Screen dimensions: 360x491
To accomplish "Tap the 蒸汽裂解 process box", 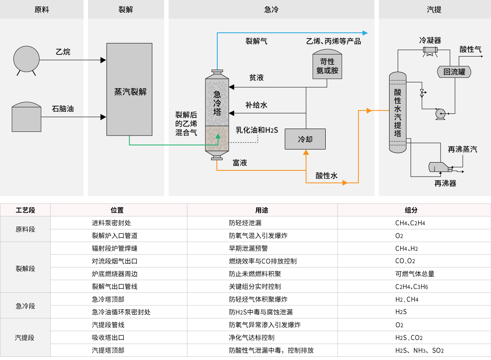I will [129, 89].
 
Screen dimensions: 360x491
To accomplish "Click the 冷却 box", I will [305, 139].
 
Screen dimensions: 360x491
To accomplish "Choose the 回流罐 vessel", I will [455, 72].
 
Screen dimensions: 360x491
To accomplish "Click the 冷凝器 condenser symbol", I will [430, 51].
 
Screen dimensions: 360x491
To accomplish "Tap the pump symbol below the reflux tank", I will [441, 113].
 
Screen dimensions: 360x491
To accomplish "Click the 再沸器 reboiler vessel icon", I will [440, 168].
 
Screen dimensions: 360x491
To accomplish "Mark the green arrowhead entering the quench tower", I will [218, 137].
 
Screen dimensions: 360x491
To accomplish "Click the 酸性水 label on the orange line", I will [327, 176].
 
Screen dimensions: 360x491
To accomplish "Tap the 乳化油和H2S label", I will [257, 130].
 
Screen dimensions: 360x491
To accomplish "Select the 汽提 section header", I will [434, 9].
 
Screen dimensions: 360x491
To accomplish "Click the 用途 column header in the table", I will [262, 210].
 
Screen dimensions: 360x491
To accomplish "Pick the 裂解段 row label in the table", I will [25, 267].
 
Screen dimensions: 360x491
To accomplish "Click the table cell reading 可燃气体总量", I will [412, 274].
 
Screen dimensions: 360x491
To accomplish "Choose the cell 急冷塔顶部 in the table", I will [108, 299].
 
